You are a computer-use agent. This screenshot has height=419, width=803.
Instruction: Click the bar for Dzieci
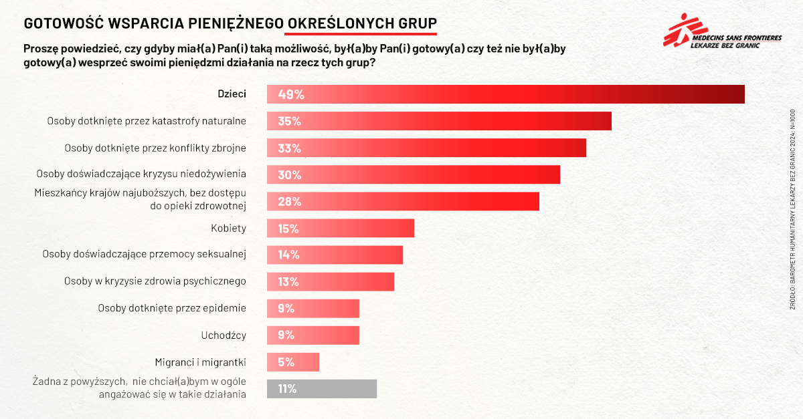click(x=506, y=94)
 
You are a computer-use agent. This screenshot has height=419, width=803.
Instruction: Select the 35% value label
click(x=289, y=122)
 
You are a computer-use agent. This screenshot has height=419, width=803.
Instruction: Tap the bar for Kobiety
click(x=341, y=228)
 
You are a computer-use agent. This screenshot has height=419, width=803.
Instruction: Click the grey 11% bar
click(x=322, y=389)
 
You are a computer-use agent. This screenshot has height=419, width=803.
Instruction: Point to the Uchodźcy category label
click(x=224, y=335)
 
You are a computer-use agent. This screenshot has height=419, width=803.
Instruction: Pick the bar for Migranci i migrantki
click(x=293, y=362)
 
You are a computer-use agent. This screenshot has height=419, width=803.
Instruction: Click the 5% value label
click(x=286, y=362)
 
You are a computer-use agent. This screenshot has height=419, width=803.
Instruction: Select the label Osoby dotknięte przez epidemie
click(x=172, y=308)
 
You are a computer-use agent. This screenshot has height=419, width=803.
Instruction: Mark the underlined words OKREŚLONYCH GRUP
click(x=361, y=23)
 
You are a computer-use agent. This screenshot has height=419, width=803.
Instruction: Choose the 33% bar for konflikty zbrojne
click(x=426, y=148)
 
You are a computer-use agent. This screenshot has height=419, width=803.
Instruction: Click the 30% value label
click(x=289, y=175)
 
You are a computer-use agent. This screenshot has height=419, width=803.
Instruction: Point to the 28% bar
click(x=403, y=201)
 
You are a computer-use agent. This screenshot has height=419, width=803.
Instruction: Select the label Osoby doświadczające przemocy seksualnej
click(x=145, y=255)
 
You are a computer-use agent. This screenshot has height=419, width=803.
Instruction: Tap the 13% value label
click(x=288, y=282)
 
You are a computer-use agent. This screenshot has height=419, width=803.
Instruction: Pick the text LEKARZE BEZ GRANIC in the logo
click(x=735, y=46)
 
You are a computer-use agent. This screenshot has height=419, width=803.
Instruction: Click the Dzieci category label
click(x=232, y=94)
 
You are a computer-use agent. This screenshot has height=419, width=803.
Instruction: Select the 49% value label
click(x=291, y=95)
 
